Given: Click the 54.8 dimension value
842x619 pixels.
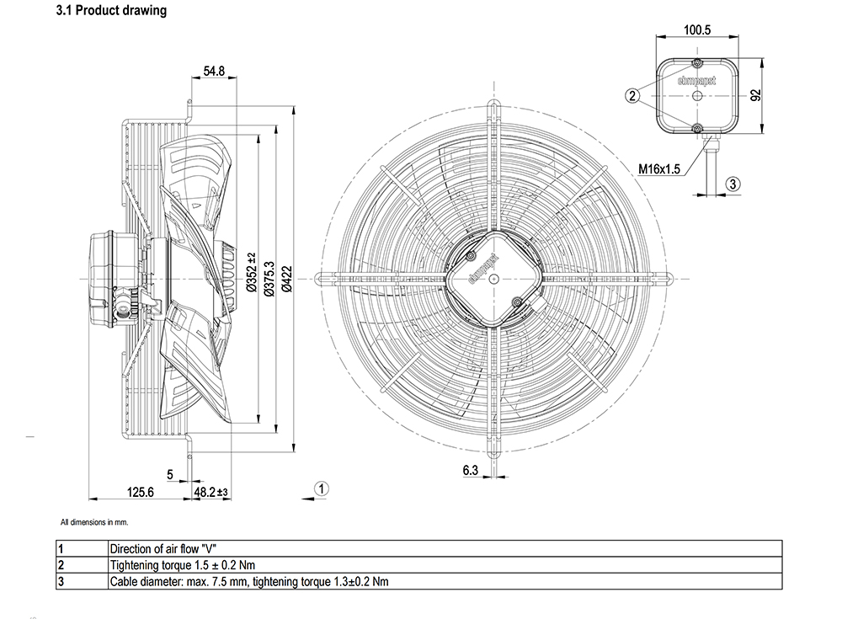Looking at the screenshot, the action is [x=214, y=71].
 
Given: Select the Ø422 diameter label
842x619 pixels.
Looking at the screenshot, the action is [x=287, y=278].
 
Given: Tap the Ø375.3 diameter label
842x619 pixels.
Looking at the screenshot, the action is [x=269, y=278].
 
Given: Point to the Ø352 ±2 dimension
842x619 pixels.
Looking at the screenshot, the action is [x=251, y=272].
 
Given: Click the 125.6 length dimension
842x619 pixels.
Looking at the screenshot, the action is [x=140, y=492].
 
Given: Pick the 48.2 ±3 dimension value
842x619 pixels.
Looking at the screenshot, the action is [x=211, y=492].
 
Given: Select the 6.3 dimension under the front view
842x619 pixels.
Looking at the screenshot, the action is [x=471, y=471].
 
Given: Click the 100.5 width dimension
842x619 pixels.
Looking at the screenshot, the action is [x=697, y=29].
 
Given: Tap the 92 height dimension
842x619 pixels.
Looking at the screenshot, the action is [x=756, y=96].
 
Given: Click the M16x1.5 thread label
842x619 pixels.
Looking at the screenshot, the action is [x=659, y=169].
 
